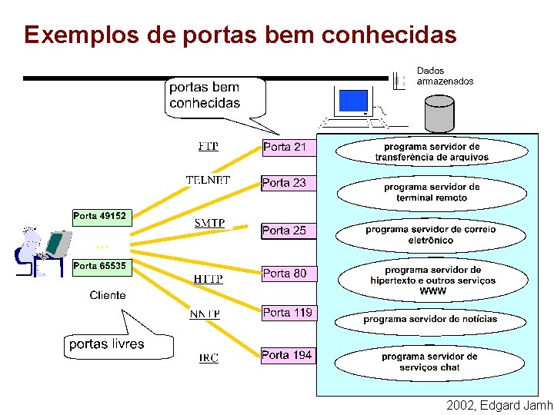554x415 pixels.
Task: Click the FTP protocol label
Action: pos(208,146)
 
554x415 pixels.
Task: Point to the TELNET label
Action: pos(208,181)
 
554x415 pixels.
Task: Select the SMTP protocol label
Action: pos(209,224)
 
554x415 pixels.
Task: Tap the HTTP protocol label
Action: pos(208,279)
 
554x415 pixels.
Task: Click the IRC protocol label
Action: pos(209,358)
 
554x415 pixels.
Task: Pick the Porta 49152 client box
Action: pos(100,217)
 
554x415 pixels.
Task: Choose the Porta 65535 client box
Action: pos(100,266)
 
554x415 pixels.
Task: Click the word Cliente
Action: pos(108,295)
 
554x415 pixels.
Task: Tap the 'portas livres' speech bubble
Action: pos(107,344)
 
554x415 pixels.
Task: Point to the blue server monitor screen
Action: pos(353,101)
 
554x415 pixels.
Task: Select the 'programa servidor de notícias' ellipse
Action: pos(430,319)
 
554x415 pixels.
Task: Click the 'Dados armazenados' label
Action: pos(445,76)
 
